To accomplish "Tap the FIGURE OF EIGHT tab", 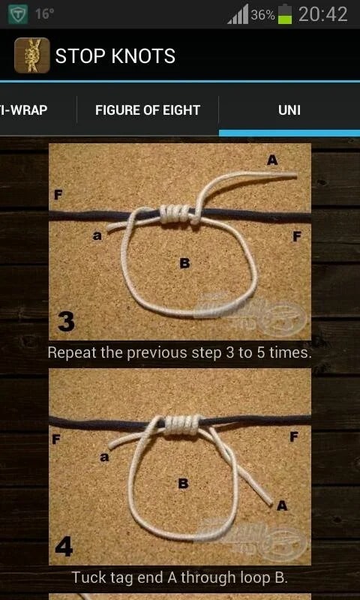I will pos(147,110).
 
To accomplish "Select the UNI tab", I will pos(289,110).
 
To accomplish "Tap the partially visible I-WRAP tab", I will pos(24,110).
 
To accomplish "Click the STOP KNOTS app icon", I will pos(31,55).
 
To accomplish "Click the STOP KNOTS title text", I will pos(115,55).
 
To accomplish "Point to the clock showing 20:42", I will pos(322,14).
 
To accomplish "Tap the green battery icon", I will pos(285,14).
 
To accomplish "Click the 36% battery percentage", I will pos(262,15).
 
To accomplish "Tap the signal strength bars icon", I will pos(238,14).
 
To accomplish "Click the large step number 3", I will pos(66,322).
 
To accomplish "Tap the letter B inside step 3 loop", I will pos(184,262).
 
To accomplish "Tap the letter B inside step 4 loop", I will pos(183,484).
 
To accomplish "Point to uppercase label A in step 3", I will pos(272,160).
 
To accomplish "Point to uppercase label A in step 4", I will pos(282,505).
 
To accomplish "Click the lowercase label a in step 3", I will pos(97,235).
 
